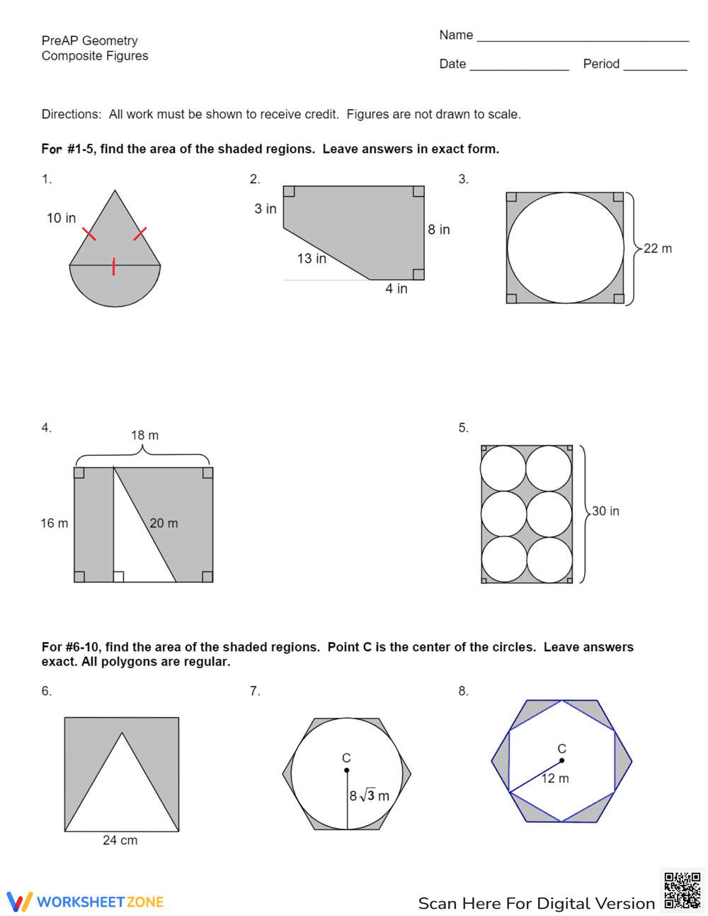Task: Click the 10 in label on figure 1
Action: pyautogui.click(x=61, y=218)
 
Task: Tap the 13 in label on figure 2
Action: pyautogui.click(x=312, y=258)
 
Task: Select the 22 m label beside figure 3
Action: pyautogui.click(x=657, y=248)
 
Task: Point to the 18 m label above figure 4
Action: pyautogui.click(x=144, y=435)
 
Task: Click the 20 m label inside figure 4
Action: pyautogui.click(x=164, y=523)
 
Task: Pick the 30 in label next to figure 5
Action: pyautogui.click(x=605, y=511)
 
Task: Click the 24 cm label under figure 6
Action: pyautogui.click(x=120, y=840)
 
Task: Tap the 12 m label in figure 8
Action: pyautogui.click(x=555, y=779)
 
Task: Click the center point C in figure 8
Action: pyautogui.click(x=561, y=761)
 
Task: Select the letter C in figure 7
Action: pyautogui.click(x=346, y=758)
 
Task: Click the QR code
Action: pyautogui.click(x=682, y=890)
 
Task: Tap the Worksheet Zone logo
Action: pyautogui.click(x=86, y=902)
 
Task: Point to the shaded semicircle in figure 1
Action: pyautogui.click(x=115, y=285)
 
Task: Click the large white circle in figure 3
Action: pyautogui.click(x=566, y=248)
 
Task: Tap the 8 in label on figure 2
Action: pyautogui.click(x=438, y=229)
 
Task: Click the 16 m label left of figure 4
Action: pyautogui.click(x=54, y=523)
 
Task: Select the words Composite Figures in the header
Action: pyautogui.click(x=95, y=56)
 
